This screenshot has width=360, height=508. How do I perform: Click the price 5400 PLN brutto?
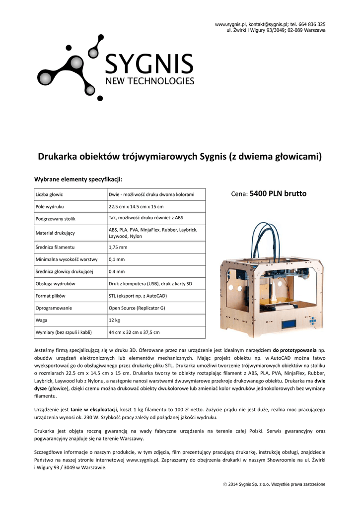[x=278, y=193]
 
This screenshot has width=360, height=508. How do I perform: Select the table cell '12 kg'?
[x=115, y=320]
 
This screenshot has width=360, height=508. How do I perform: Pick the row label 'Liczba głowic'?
[x=49, y=194]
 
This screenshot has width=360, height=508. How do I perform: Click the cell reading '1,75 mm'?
[x=118, y=247]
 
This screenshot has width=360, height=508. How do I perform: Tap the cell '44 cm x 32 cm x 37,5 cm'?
[x=134, y=332]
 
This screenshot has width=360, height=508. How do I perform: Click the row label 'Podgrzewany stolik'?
[x=56, y=218]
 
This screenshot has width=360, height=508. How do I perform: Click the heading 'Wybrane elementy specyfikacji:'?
[x=77, y=179]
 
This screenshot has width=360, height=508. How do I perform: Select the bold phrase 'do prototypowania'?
[x=295, y=350]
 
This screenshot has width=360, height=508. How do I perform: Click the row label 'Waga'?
[x=42, y=320]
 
